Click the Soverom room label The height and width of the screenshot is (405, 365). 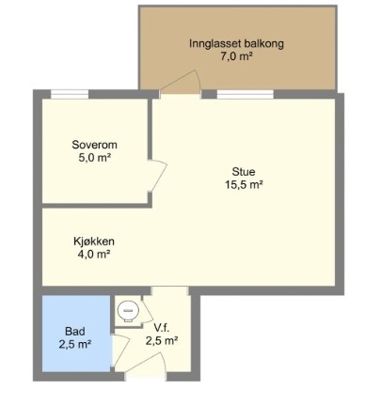pos(94,145)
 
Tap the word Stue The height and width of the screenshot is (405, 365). pos(244,172)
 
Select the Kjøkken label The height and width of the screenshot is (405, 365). pos(94,241)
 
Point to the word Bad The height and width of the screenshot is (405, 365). pos(75,331)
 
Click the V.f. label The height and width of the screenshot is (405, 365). pos(162,328)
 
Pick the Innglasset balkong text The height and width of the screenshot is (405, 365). pos(236,43)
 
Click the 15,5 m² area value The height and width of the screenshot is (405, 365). pos(244,185)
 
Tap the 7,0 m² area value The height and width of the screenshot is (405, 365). pos(236,56)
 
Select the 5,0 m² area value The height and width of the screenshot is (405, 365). pos(95,158)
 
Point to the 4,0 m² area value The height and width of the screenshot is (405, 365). pos(94,255)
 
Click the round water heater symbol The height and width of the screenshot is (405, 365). pos(128,310)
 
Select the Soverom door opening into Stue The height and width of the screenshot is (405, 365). pos(158,176)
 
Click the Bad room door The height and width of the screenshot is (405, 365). pos(120,350)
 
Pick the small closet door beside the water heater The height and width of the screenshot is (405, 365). pos(147,311)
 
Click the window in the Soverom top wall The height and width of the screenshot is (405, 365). pos(70,94)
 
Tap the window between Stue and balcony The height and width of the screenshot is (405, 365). pos(246,94)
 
